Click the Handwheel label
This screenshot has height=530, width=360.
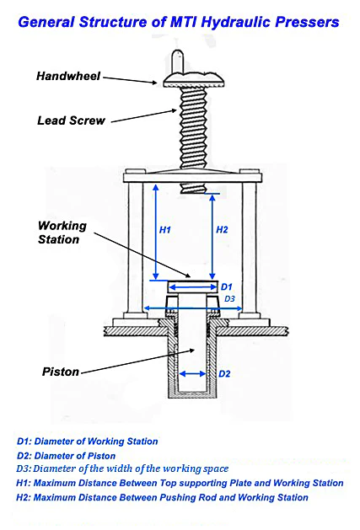(x=68, y=76)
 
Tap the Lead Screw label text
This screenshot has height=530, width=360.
(x=71, y=120)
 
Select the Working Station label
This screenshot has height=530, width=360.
(x=62, y=233)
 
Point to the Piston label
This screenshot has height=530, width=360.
(x=61, y=372)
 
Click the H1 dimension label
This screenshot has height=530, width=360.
(x=165, y=230)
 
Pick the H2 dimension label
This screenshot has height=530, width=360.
(x=222, y=230)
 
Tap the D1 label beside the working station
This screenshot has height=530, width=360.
(x=226, y=287)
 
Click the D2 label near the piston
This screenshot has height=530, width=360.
(x=224, y=374)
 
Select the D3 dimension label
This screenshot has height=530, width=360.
(x=229, y=299)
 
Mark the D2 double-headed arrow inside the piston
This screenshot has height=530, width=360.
(x=192, y=374)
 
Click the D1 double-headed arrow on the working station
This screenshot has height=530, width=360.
(x=193, y=287)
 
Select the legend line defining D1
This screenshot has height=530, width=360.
(x=88, y=442)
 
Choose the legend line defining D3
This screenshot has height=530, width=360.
(x=122, y=468)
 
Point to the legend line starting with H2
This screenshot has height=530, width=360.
(x=163, y=497)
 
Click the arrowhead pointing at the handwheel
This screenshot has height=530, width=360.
(x=154, y=82)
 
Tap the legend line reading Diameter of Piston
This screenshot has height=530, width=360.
(x=67, y=456)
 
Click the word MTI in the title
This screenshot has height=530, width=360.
(x=184, y=22)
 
